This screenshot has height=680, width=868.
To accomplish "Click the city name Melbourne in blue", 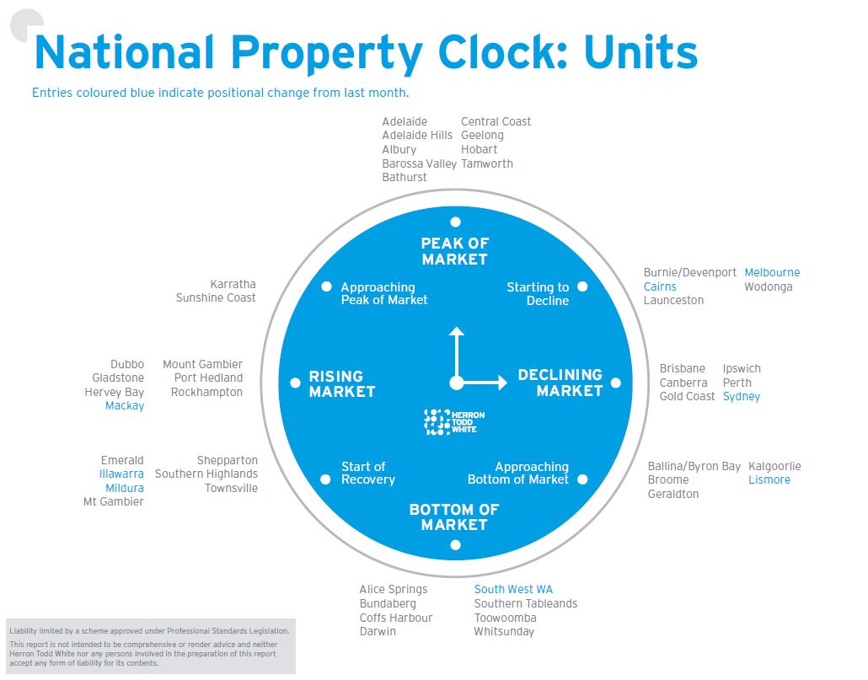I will click(772, 273).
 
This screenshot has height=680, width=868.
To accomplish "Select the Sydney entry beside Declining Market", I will click(742, 397).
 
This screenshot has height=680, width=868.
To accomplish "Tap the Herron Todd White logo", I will click(455, 421).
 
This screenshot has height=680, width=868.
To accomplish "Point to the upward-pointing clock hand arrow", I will click(456, 333).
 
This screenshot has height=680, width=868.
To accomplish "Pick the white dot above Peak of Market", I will click(455, 222).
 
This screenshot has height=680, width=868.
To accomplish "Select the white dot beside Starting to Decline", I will click(582, 286).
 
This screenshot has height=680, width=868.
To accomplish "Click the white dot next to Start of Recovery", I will click(326, 479).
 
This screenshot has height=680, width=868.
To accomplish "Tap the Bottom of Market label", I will click(454, 517).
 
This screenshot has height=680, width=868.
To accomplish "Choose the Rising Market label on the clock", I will click(341, 384).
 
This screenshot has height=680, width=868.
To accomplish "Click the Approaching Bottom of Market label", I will click(518, 474).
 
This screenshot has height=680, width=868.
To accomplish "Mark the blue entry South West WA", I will click(513, 590).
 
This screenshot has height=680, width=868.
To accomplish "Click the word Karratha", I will click(233, 285).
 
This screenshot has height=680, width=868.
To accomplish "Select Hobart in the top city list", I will click(480, 150).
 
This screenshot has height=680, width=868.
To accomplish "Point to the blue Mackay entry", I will click(125, 406).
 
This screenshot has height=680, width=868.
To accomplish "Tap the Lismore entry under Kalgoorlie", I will click(769, 480).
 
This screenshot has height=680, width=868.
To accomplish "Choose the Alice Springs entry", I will click(394, 590).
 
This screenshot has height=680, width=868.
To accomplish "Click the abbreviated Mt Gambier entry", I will click(113, 502).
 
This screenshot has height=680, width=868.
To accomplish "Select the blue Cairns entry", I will click(660, 287).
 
